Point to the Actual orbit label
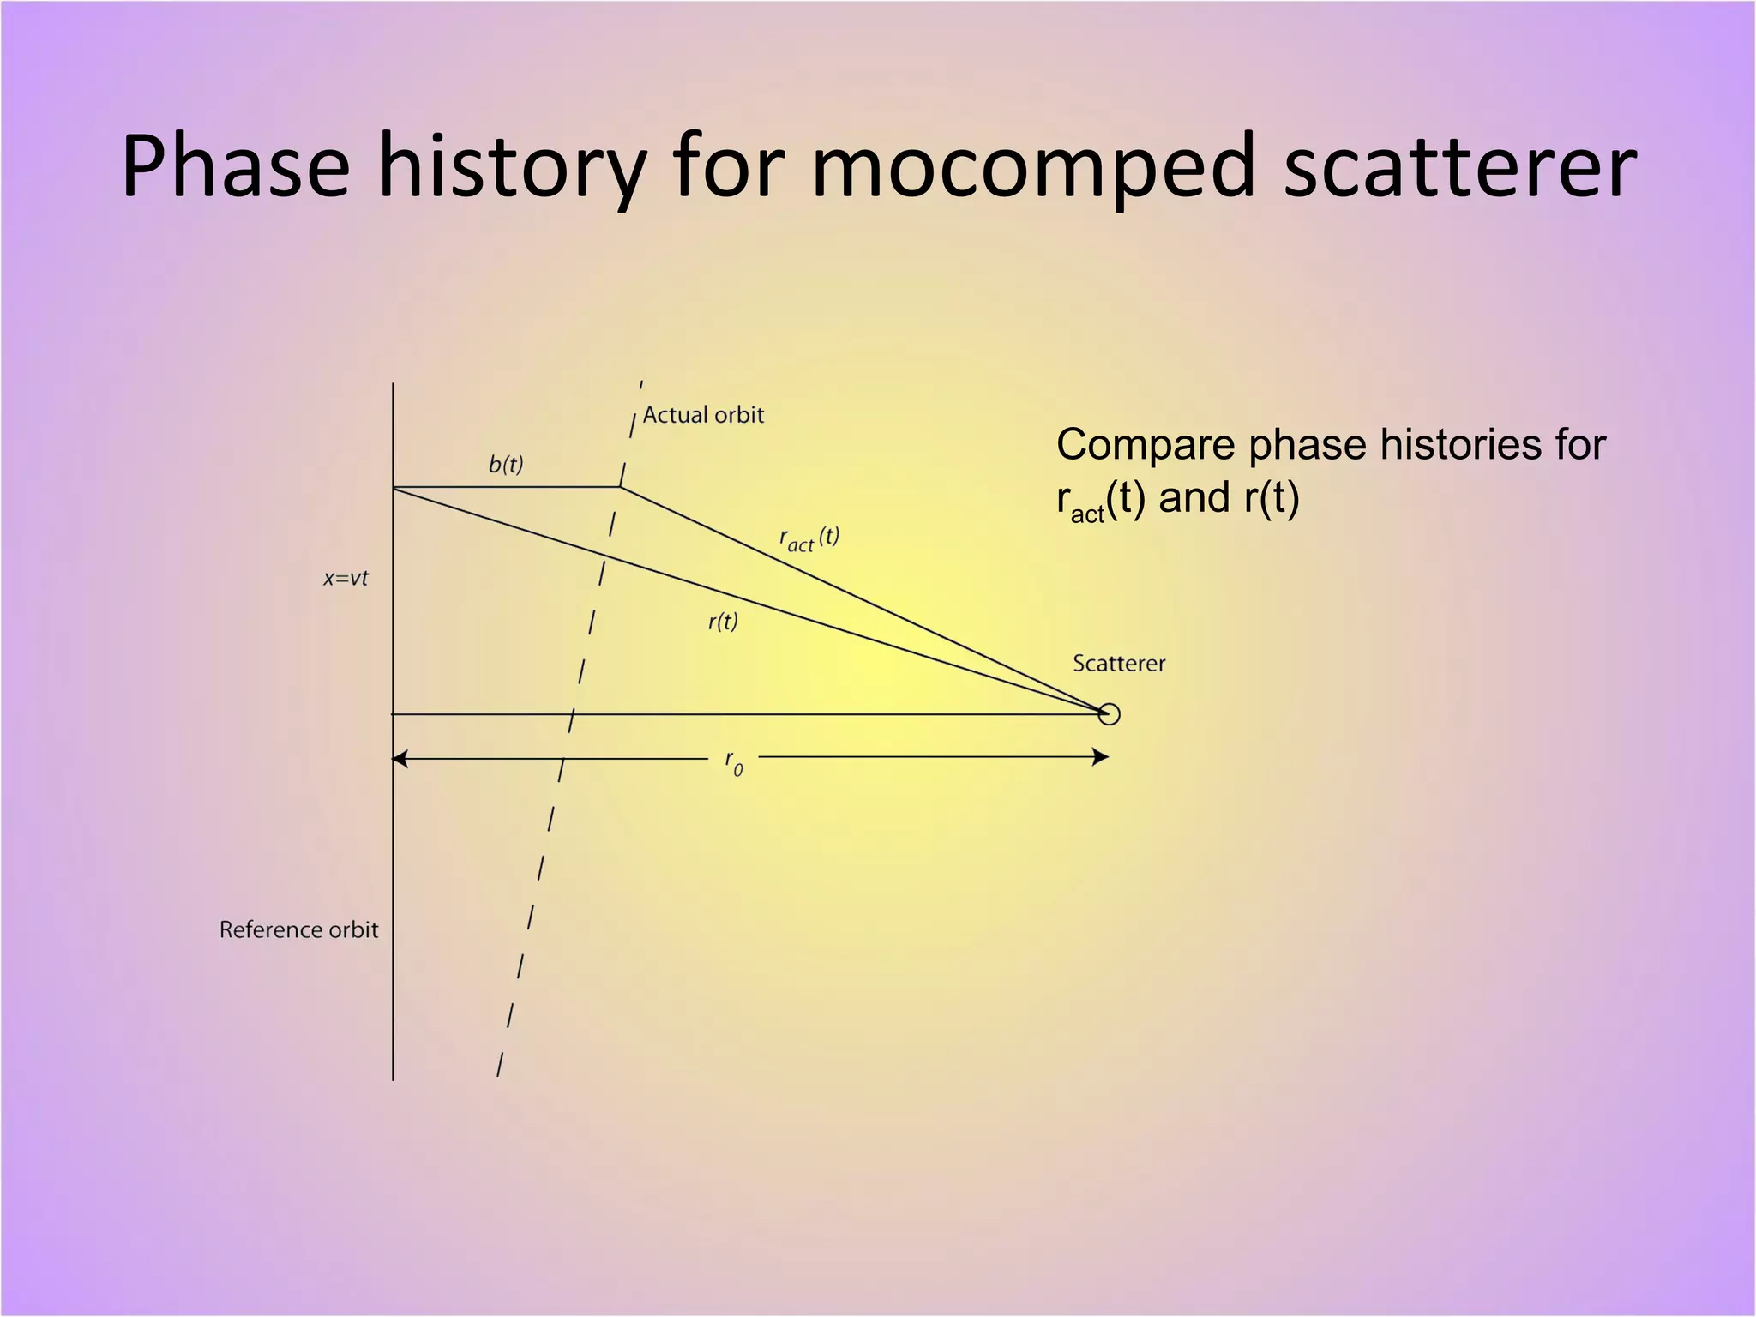(x=703, y=415)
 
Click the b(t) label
(x=506, y=465)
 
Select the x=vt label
(x=346, y=579)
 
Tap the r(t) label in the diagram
(x=723, y=622)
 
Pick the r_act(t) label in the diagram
(x=809, y=539)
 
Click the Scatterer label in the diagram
(x=1119, y=664)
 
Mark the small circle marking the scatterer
(x=1109, y=714)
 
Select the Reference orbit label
(x=298, y=930)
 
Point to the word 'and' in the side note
(x=1194, y=498)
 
